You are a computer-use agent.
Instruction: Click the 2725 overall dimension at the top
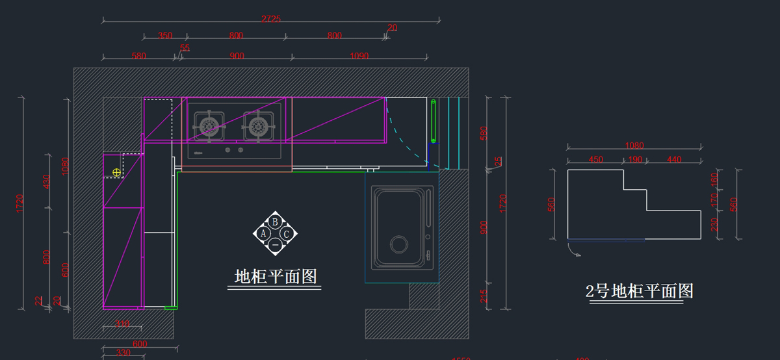(271, 19)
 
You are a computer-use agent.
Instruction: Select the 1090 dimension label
(359, 57)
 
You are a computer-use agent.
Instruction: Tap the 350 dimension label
(165, 36)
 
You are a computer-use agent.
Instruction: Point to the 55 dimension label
(185, 48)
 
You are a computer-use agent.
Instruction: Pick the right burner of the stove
(259, 125)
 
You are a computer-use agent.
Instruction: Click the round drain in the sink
(398, 244)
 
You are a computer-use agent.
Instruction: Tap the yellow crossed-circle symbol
(116, 172)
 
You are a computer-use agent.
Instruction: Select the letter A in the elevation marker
(263, 233)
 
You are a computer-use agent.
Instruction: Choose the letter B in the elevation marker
(275, 222)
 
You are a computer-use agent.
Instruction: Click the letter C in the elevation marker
(286, 233)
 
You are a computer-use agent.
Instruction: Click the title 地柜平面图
(276, 277)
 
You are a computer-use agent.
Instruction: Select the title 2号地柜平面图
(640, 290)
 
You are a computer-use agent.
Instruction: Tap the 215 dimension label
(482, 296)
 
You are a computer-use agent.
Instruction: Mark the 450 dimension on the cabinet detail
(595, 160)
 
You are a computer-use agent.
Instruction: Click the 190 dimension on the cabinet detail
(635, 160)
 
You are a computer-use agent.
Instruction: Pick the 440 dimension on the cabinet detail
(673, 160)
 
